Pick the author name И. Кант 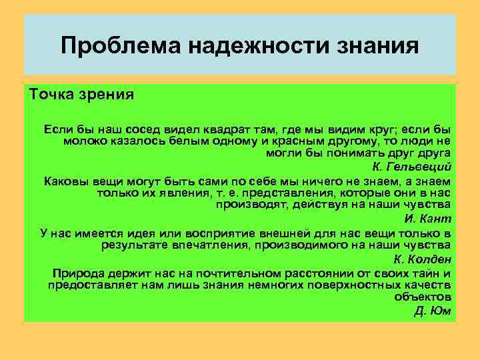coord(428,219)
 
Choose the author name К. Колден coord(423,259)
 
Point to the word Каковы coord(64,181)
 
